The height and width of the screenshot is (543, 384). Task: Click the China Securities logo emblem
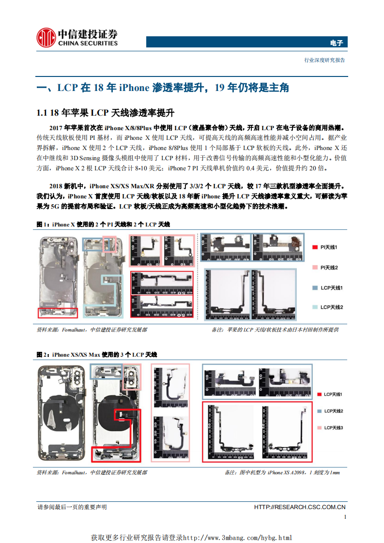pyautogui.click(x=46, y=37)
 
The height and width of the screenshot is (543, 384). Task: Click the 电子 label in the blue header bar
pyautogui.click(x=336, y=43)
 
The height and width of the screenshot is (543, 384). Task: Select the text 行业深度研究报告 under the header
pyautogui.click(x=324, y=60)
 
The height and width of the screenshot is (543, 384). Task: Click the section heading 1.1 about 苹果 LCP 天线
pyautogui.click(x=105, y=113)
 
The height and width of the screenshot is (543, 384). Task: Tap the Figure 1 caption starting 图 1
pyautogui.click(x=103, y=225)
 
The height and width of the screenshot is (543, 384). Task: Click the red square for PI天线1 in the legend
pyautogui.click(x=315, y=247)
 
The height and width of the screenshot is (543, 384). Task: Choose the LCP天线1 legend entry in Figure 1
pyautogui.click(x=331, y=288)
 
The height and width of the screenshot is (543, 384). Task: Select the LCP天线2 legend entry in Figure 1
pyautogui.click(x=331, y=307)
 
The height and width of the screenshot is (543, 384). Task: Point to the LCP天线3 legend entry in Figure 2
pyautogui.click(x=333, y=428)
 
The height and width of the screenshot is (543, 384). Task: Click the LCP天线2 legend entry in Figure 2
pyautogui.click(x=333, y=411)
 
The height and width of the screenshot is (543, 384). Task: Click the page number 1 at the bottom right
pyautogui.click(x=344, y=517)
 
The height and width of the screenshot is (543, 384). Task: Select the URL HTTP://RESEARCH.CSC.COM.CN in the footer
pyautogui.click(x=300, y=507)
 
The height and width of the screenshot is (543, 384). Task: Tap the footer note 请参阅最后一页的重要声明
pyautogui.click(x=72, y=507)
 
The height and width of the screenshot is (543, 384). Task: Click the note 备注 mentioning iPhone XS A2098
pyautogui.click(x=282, y=472)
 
